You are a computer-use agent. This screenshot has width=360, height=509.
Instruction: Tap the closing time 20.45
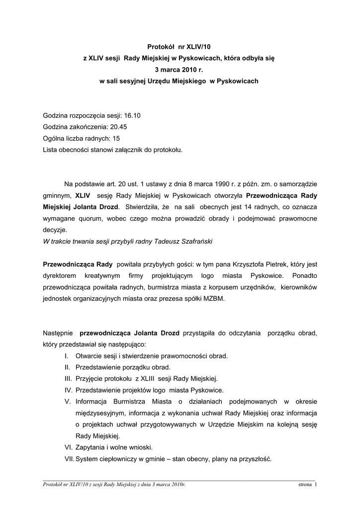click(x=119, y=127)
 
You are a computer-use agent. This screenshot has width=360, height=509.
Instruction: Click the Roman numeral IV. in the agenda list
click(x=68, y=390)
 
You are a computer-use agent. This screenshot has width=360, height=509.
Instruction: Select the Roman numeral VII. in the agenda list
click(x=69, y=459)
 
